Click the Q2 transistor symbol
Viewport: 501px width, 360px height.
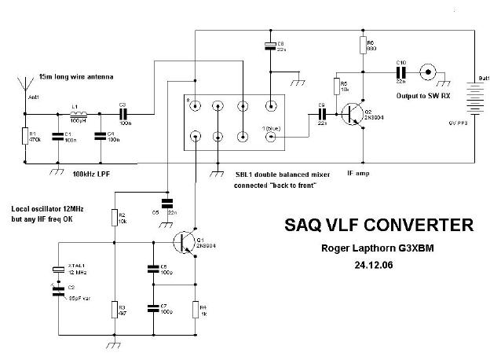coord(358,112)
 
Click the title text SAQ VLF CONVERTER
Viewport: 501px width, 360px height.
coord(378,226)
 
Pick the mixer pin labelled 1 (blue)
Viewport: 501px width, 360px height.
coord(272,136)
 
